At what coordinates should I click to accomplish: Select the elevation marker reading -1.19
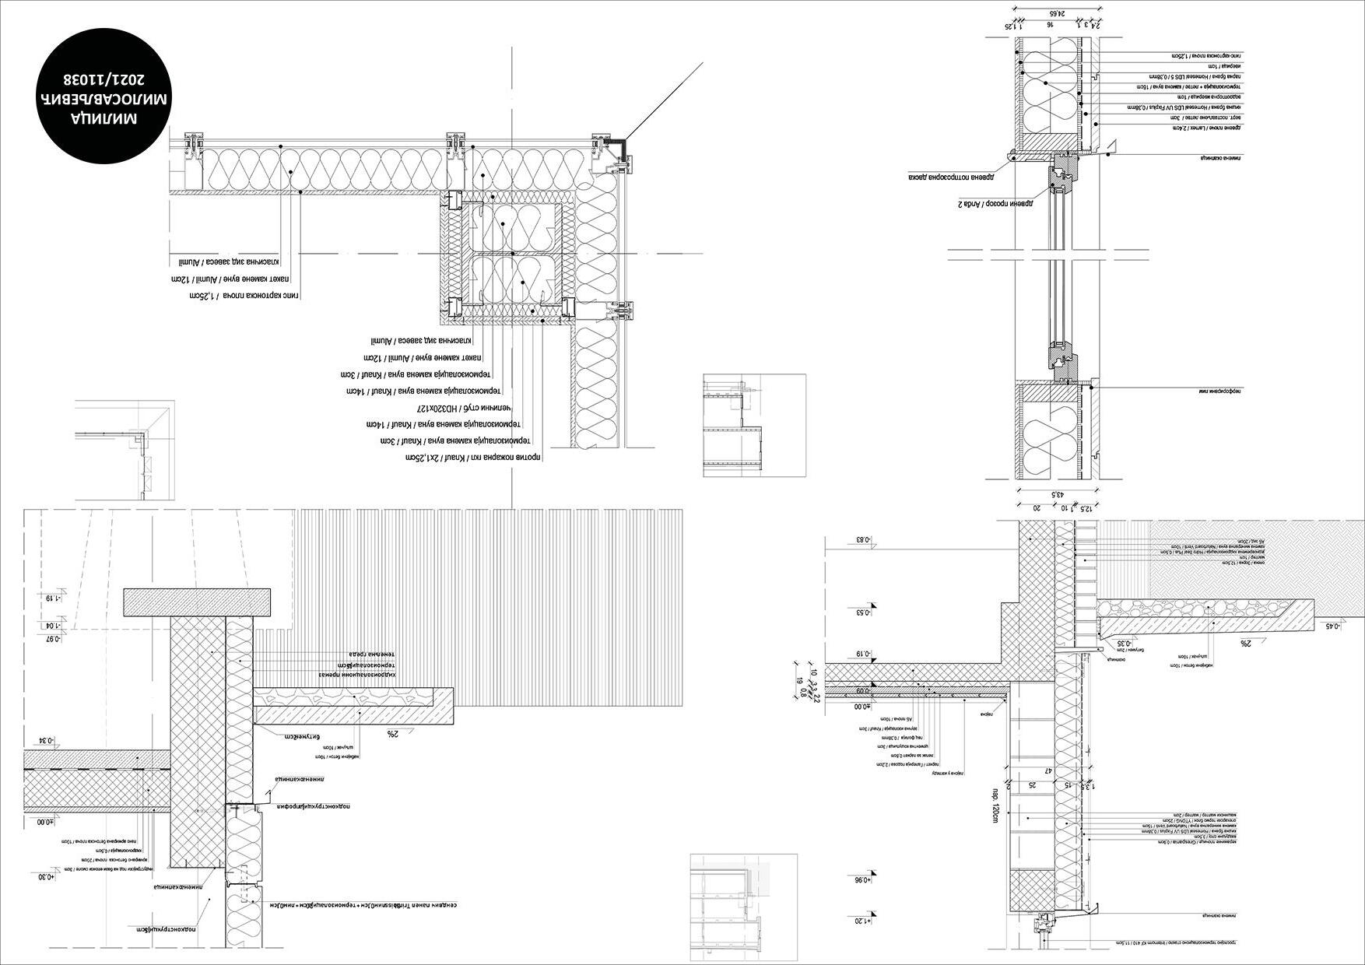pyautogui.click(x=51, y=598)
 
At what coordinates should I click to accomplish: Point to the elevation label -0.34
pyautogui.click(x=50, y=740)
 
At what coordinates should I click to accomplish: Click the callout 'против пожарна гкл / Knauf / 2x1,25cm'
pyautogui.click(x=473, y=458)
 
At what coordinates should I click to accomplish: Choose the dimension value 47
pyautogui.click(x=1048, y=771)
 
